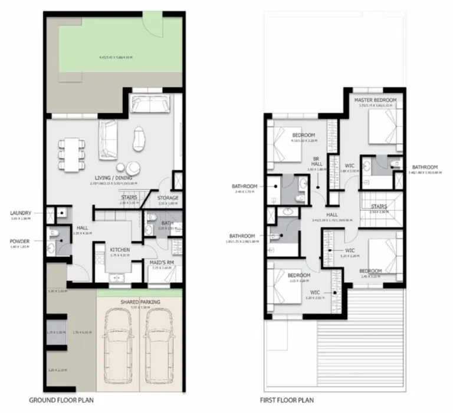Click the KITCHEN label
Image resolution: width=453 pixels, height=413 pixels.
120,250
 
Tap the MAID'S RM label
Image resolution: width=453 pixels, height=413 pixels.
162,262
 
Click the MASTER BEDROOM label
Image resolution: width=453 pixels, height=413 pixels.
375,101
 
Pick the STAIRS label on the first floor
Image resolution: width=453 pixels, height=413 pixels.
379,206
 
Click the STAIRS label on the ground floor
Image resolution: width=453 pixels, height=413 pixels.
130,197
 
